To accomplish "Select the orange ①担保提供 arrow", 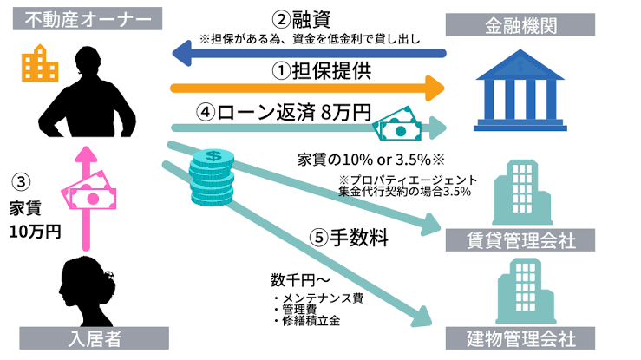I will (308, 87).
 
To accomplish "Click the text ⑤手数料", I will (351, 236).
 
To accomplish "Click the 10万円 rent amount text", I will (35, 232).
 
